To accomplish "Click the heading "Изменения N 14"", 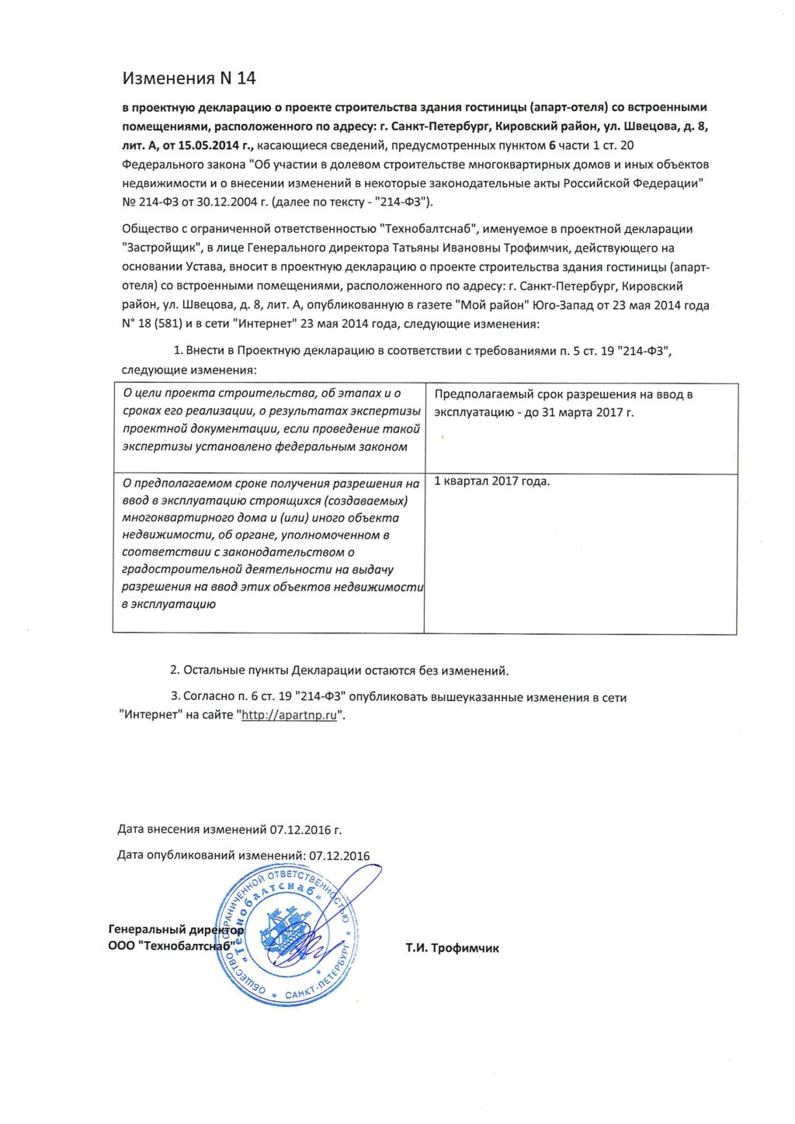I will pyautogui.click(x=189, y=78).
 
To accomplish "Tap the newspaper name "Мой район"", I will pyautogui.click(x=486, y=305).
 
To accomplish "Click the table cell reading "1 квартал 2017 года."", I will pyautogui.click(x=491, y=481).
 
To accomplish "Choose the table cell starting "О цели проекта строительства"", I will pyautogui.click(x=271, y=420).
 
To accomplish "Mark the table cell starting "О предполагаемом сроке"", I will pyautogui.click(x=271, y=543).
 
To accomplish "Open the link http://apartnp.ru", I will pyautogui.click(x=289, y=715).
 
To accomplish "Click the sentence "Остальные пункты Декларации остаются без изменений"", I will pyautogui.click(x=345, y=670).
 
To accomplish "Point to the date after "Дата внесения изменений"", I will pyautogui.click(x=305, y=830).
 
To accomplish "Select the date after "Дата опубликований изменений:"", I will pyautogui.click(x=339, y=856).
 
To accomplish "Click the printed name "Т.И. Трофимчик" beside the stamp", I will pyautogui.click(x=452, y=948).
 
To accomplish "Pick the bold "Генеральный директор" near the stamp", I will pyautogui.click(x=175, y=929).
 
